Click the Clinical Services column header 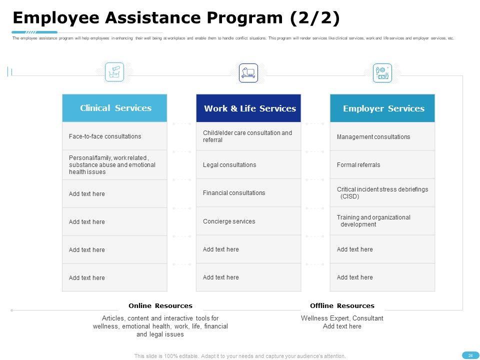coord(115,108)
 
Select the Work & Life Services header coord(249,108)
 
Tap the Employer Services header coord(383,108)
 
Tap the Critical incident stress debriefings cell coord(382,193)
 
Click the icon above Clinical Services coord(114,72)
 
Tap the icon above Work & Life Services coord(248,73)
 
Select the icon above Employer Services coord(382,73)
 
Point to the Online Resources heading coord(160,306)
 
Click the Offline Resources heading coord(342,306)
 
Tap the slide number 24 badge coord(470,355)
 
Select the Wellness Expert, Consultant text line coord(342,318)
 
